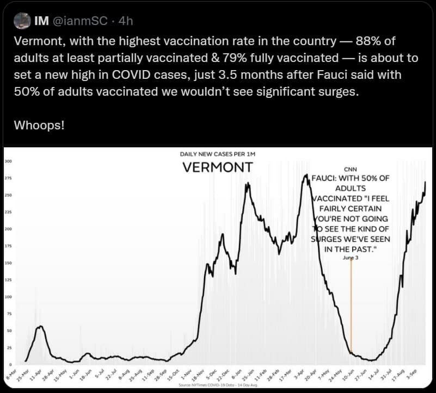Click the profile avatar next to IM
pyautogui.click(x=21, y=21)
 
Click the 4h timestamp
pyautogui.click(x=126, y=21)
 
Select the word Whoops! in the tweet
pyautogui.click(x=39, y=125)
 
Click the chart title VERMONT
pyautogui.click(x=217, y=166)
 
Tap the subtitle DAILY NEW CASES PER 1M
pyautogui.click(x=217, y=154)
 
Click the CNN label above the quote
pyautogui.click(x=351, y=170)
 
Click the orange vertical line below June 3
pyautogui.click(x=351, y=310)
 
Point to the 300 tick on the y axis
pyautogui.click(x=8, y=161)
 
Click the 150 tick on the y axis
pyautogui.click(x=8, y=263)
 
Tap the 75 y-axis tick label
pyautogui.click(x=8, y=314)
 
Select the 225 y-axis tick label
pyautogui.click(x=8, y=212)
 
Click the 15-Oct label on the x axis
pyautogui.click(x=173, y=376)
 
